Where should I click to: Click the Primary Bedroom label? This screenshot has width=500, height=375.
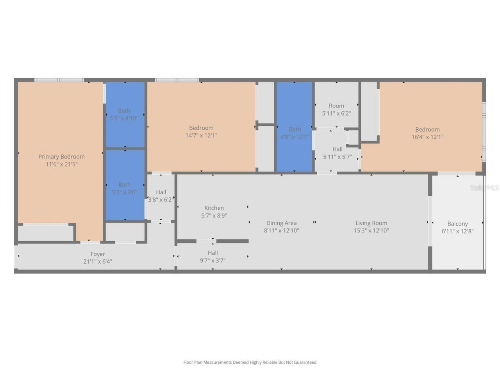61,157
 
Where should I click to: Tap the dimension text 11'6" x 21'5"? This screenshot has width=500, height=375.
61,164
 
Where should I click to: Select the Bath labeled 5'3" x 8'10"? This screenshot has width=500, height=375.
124,114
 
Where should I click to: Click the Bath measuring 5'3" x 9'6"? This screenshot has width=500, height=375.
124,188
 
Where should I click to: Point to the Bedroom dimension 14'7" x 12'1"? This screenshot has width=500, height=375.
201,136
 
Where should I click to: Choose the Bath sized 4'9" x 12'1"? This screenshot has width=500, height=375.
295,133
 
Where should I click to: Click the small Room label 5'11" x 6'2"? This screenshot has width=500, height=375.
336,109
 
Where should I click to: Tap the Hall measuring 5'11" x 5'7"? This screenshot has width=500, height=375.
337,153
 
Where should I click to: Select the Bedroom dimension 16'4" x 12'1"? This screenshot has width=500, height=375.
427,137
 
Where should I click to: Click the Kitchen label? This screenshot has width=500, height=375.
214,208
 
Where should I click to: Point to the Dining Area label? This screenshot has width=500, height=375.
281,223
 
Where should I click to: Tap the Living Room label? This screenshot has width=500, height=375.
371,223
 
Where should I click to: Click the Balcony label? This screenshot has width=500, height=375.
457,224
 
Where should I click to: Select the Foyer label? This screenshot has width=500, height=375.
98,254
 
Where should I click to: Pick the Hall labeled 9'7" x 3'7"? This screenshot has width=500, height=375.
212,257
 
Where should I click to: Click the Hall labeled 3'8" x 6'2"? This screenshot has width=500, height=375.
161,196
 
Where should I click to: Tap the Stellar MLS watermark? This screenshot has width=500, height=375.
484,188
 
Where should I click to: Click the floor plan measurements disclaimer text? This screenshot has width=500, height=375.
250,362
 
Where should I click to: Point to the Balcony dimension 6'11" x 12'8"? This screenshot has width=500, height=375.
457,231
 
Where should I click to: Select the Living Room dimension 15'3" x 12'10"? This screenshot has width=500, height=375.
371,230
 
